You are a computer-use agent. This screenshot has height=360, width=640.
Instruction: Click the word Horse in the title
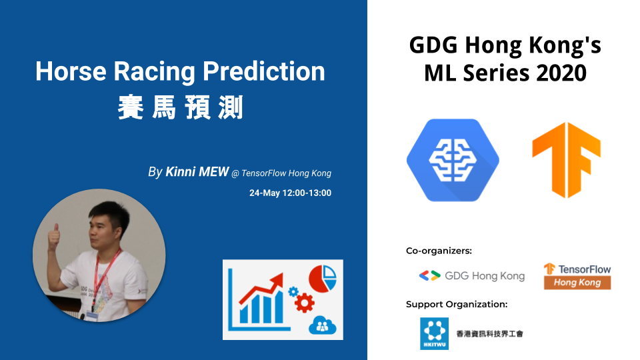click(x=71, y=71)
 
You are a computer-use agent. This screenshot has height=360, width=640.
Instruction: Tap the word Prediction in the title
click(x=264, y=71)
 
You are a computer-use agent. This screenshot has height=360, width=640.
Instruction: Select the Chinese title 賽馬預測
click(x=181, y=107)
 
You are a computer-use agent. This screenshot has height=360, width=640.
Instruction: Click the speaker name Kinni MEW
click(x=197, y=172)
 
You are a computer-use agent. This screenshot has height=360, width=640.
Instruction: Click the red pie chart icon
click(x=323, y=279)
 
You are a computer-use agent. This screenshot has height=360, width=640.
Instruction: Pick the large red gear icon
click(x=305, y=303)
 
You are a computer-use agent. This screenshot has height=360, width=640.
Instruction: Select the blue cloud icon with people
click(x=323, y=325)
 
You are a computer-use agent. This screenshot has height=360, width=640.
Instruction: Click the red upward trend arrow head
click(x=277, y=281)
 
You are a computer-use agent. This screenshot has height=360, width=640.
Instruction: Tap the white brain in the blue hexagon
click(x=453, y=159)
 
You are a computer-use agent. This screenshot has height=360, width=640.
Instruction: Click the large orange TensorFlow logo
click(x=566, y=159)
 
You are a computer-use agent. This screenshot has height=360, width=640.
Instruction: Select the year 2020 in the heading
click(x=561, y=73)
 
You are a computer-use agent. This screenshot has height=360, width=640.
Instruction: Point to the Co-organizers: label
click(x=439, y=251)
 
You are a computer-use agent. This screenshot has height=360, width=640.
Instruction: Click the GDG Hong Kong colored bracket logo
click(x=430, y=276)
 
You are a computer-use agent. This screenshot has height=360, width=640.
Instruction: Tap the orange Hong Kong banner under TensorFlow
click(x=577, y=283)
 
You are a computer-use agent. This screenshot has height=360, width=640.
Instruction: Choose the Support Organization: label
click(x=456, y=304)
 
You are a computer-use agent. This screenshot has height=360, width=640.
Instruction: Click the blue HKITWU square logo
click(x=434, y=333)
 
